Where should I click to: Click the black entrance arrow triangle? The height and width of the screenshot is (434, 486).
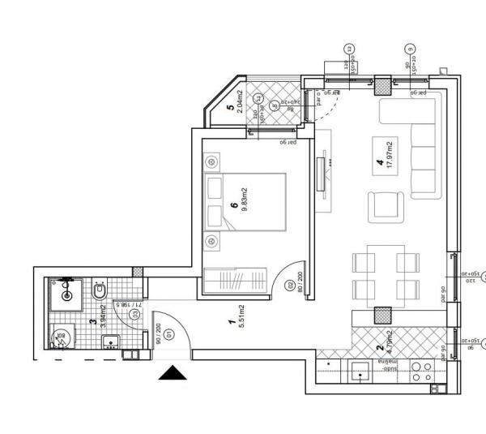172,373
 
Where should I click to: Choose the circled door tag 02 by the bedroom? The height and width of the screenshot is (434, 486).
290,285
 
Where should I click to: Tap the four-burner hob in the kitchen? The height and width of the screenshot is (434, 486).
421,372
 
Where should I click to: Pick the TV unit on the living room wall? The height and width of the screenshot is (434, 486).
324,182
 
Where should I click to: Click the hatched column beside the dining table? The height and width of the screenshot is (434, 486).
382,316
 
